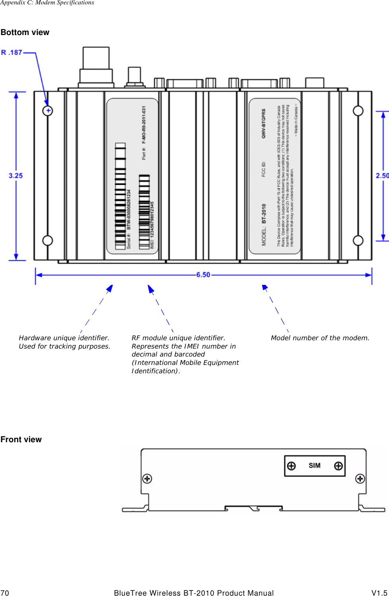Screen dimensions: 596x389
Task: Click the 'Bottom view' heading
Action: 25,33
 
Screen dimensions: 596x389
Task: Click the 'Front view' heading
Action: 21,439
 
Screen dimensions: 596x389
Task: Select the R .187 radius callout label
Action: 12,53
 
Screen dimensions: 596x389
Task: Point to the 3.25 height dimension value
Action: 16,176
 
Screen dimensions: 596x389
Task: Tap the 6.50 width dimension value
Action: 203,275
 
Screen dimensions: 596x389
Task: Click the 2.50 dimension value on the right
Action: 382,176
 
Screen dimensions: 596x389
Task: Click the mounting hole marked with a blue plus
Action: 48,111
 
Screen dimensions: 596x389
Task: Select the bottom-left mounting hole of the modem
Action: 48,241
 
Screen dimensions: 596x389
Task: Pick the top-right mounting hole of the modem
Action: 358,111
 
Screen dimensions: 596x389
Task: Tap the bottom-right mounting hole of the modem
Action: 358,241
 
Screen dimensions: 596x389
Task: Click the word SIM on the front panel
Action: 314,466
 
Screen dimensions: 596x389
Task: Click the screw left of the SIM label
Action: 292,466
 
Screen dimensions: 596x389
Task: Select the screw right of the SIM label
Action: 338,466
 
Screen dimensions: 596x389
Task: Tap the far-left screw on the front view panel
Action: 147,478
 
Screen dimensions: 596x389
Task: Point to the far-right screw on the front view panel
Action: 360,478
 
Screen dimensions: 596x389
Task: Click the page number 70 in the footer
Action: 5,593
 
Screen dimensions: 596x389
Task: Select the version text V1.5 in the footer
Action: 379,593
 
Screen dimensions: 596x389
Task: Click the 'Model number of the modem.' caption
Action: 320,338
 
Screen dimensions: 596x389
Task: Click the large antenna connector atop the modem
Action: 96,66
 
